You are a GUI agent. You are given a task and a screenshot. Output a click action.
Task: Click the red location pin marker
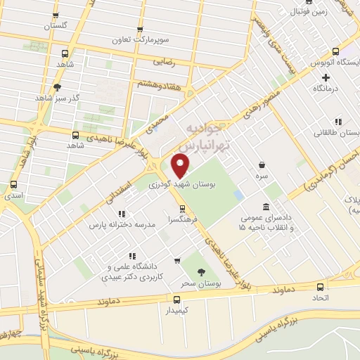pyautogui.click(x=181, y=167)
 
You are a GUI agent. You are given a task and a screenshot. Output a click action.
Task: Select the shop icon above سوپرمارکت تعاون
pyautogui.click(x=141, y=30)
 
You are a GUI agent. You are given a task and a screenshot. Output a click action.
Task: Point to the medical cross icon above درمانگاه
pyautogui.click(x=326, y=77)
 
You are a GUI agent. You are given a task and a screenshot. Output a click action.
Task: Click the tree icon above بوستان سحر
pyautogui.click(x=202, y=271)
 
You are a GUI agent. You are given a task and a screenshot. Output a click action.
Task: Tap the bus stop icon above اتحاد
pyautogui.click(x=321, y=287)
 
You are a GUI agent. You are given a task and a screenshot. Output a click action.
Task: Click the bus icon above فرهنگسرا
pyautogui.click(x=183, y=208)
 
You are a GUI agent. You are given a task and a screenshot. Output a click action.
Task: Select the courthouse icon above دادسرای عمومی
pyautogui.click(x=266, y=207)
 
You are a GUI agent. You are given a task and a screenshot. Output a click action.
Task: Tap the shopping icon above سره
pyautogui.click(x=262, y=163)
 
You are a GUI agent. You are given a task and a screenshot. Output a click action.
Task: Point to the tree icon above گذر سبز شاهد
pyautogui.click(x=56, y=88)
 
